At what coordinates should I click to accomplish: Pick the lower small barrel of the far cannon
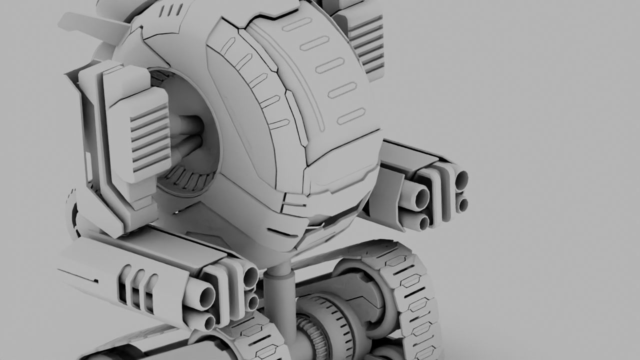pyautogui.click(x=463, y=204)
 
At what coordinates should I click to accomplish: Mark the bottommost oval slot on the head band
pyautogui.click(x=350, y=117)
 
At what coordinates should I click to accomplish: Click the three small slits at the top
pyautogui.click(x=174, y=10)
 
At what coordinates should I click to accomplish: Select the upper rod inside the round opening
pyautogui.click(x=187, y=126)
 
